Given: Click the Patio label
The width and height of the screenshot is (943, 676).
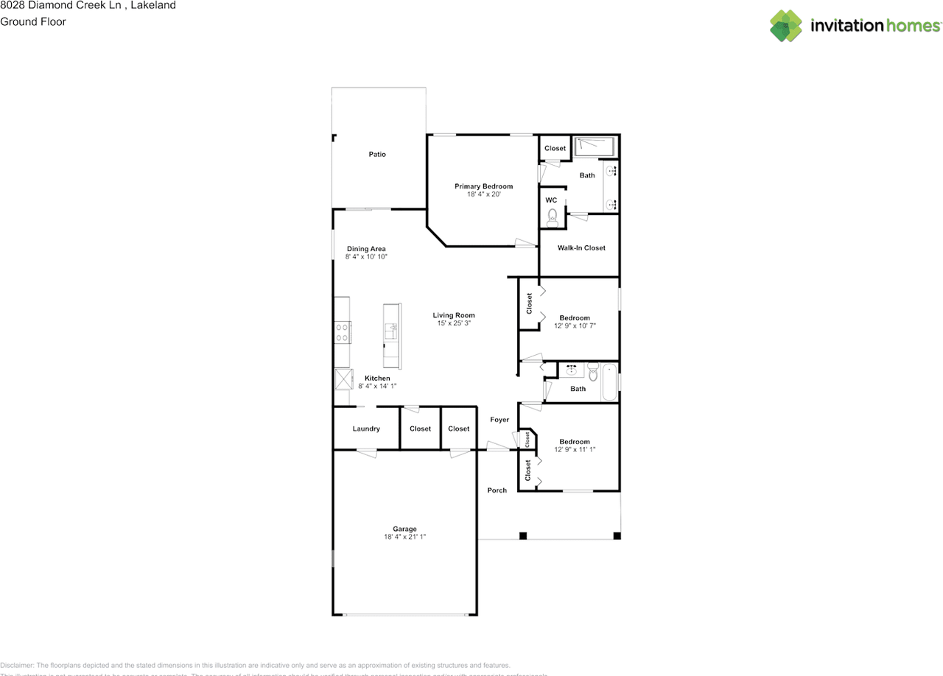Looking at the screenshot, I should pos(377,155).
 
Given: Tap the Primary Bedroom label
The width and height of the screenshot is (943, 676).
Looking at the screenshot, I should pos(483,186).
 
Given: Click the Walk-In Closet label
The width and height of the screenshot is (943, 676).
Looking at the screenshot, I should pos(581,248).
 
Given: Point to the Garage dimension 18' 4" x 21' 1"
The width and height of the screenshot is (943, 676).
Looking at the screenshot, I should pos(404,538).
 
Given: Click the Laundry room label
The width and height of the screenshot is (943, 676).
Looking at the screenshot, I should pos(366,429).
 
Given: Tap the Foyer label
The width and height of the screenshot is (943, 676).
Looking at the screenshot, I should pos(499,420).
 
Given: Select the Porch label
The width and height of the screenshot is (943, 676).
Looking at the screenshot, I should pos(497,490).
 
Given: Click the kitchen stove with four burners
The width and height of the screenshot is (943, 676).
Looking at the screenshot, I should pos(343,331).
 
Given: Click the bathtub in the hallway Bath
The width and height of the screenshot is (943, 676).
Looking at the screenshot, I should pos(609,381).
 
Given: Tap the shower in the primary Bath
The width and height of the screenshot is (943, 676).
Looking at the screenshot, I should pos(593,146).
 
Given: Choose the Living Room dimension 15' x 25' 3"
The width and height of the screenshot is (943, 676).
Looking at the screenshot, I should pos(454,323).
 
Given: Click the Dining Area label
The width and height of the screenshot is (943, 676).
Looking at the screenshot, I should pos(366,249).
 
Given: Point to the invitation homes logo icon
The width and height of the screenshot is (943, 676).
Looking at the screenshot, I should pos(786,26).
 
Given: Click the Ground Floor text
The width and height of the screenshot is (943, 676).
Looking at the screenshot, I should pos(33,22).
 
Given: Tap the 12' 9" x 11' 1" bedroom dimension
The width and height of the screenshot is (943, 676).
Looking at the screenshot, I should pos(575,449).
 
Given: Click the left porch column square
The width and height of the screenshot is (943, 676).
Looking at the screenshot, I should pos(522,535).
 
